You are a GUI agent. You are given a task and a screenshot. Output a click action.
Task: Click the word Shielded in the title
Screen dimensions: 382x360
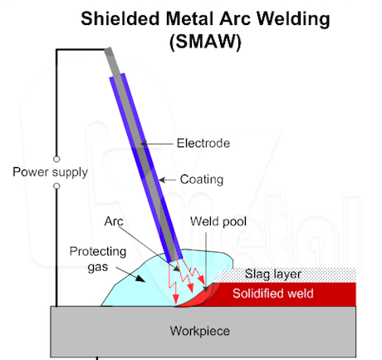120,19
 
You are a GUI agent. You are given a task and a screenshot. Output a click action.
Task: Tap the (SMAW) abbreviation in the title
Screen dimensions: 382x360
205,42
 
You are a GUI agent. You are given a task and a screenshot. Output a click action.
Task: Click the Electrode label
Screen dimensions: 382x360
203,143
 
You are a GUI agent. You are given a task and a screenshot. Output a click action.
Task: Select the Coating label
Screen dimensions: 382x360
202,180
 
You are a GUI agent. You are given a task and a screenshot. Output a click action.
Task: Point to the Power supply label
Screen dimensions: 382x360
51,172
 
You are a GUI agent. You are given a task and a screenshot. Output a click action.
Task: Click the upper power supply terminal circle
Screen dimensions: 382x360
56,159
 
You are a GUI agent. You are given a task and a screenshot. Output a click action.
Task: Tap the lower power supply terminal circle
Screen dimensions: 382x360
56,186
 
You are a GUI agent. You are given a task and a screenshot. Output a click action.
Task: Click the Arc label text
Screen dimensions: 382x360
114,221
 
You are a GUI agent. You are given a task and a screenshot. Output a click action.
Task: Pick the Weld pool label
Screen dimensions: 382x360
218,221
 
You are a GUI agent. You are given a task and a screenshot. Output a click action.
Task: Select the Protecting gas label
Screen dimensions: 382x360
98,259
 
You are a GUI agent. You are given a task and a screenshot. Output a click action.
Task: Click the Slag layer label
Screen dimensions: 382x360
273,274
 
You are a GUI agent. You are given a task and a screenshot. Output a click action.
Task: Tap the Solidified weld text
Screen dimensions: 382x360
273,293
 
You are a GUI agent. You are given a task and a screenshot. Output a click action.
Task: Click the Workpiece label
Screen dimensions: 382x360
200,331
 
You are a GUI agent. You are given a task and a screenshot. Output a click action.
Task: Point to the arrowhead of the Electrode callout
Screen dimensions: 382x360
144,144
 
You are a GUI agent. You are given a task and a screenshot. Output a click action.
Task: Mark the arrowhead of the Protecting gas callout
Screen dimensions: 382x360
140,279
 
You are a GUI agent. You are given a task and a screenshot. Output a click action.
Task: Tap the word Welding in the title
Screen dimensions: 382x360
293,19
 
